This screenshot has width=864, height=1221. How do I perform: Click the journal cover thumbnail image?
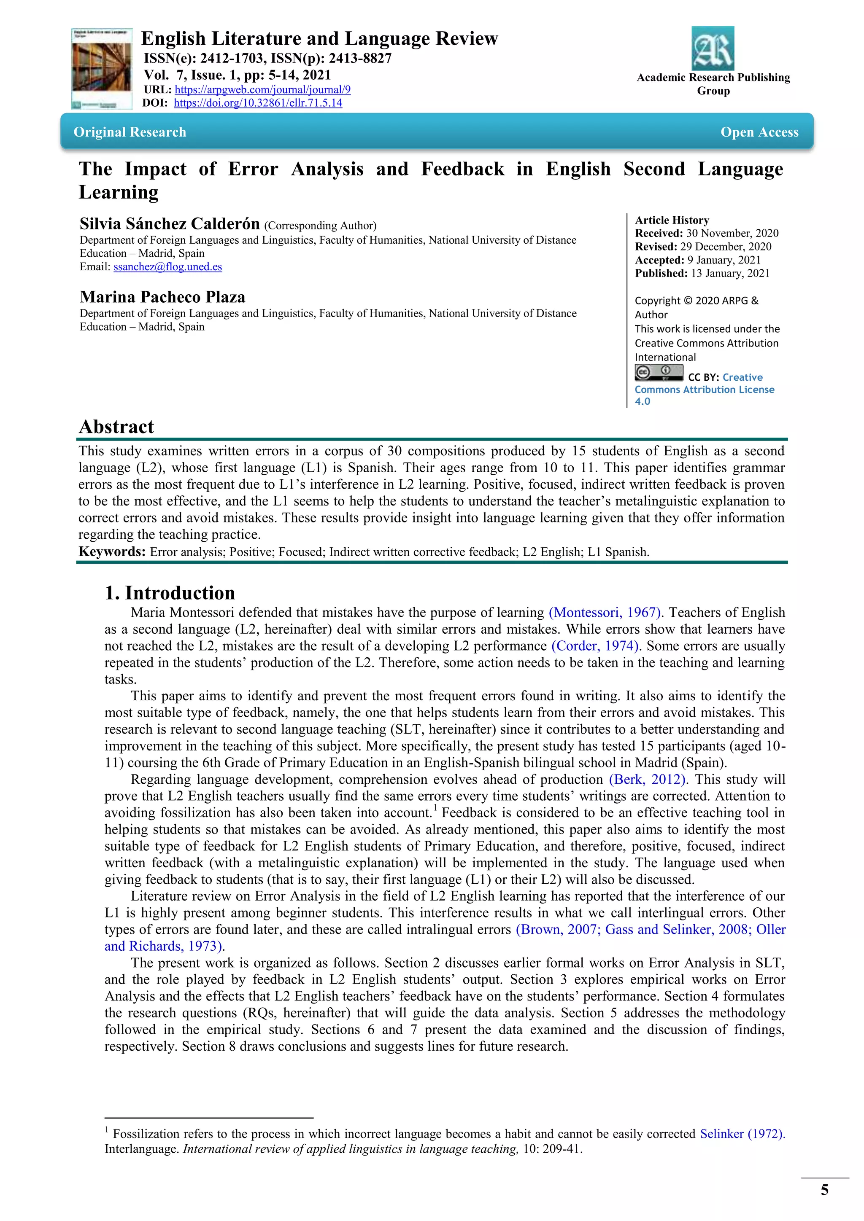pyautogui.click(x=101, y=69)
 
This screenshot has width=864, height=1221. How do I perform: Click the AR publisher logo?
pyautogui.click(x=713, y=48)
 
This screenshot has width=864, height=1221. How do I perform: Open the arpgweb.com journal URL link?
pyautogui.click(x=262, y=89)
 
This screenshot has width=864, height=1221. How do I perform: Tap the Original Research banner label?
pyautogui.click(x=130, y=132)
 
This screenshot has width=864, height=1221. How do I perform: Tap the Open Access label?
pyautogui.click(x=759, y=132)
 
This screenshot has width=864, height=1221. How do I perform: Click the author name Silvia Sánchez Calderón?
pyautogui.click(x=170, y=223)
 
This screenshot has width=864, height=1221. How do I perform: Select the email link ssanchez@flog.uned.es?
pyautogui.click(x=167, y=266)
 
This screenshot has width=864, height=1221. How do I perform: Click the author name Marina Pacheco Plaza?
pyautogui.click(x=162, y=297)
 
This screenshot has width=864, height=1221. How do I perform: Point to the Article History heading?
pyautogui.click(x=672, y=220)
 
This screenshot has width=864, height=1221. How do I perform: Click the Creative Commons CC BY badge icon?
pyautogui.click(x=659, y=372)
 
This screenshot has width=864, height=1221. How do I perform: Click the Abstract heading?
pyautogui.click(x=116, y=427)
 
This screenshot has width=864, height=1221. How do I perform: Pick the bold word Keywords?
pyautogui.click(x=112, y=551)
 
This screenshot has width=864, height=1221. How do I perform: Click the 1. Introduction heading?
pyautogui.click(x=170, y=592)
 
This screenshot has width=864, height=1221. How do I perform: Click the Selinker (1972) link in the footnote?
pyautogui.click(x=742, y=1133)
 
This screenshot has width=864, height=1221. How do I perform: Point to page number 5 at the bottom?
pyautogui.click(x=824, y=1190)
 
